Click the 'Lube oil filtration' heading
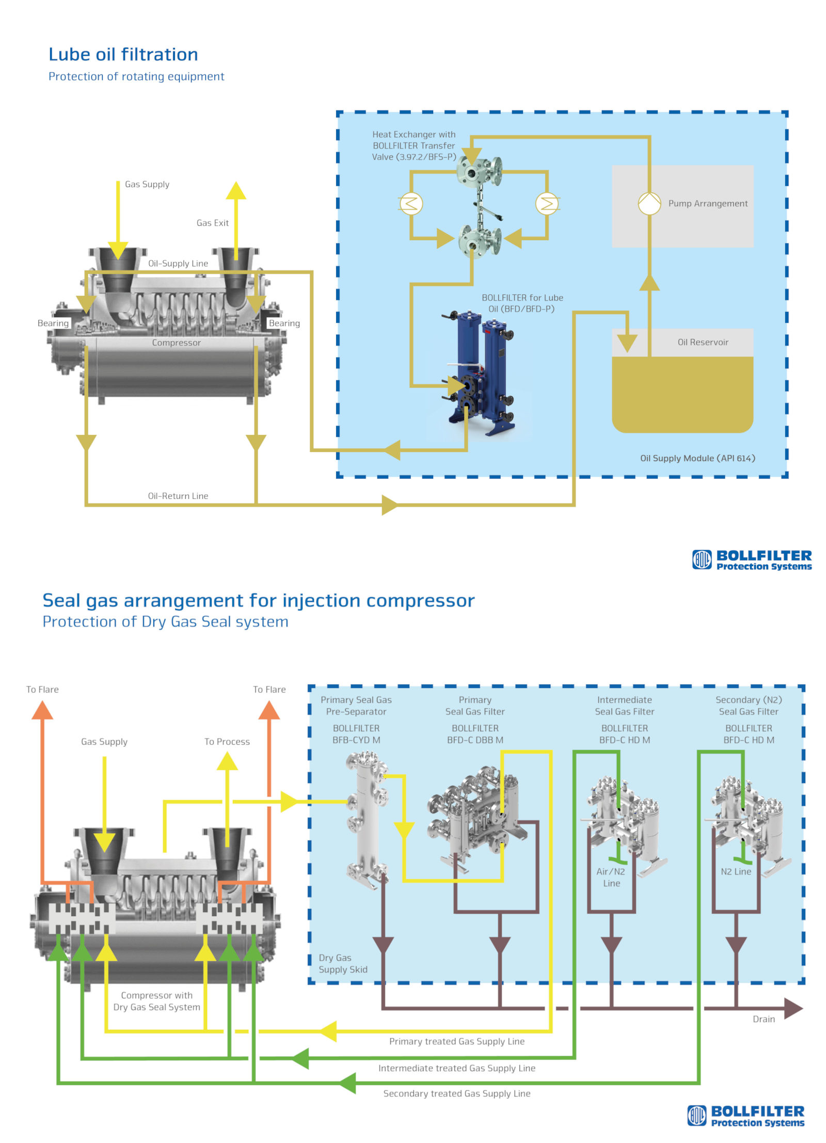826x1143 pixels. pos(123,54)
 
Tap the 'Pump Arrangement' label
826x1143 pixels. pos(707,203)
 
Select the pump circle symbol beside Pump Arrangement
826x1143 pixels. pos(649,203)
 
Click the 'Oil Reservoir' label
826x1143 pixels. pos(702,342)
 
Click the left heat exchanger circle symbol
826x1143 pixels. pos(411,203)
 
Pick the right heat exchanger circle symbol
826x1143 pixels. pos(547,203)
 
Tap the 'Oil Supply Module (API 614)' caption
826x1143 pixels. pos(697,458)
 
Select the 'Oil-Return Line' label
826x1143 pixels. pos(178,495)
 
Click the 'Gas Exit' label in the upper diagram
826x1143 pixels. pos(212,223)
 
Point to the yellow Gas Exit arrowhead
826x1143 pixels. pos(236,191)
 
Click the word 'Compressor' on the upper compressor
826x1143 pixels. pos(176,342)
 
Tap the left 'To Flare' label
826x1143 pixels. pos(42,689)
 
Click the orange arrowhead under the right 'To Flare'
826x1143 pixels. pos(269,711)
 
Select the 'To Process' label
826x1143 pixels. pos(227,741)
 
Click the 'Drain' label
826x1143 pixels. pos(763,1019)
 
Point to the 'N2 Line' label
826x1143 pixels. pos(735,871)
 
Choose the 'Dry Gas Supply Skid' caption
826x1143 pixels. pos(343,963)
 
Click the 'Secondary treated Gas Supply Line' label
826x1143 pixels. pos(456,1093)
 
